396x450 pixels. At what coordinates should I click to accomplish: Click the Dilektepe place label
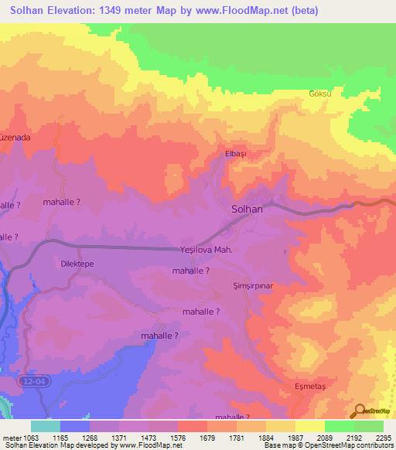click(77, 264)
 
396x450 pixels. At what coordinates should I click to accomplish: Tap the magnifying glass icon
click(359, 411)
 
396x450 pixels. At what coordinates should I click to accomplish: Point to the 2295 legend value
click(384, 438)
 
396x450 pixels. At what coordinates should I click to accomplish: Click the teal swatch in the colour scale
click(46, 426)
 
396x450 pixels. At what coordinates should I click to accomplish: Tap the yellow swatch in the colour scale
click(310, 426)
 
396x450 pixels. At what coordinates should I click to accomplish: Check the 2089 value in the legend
click(325, 438)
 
